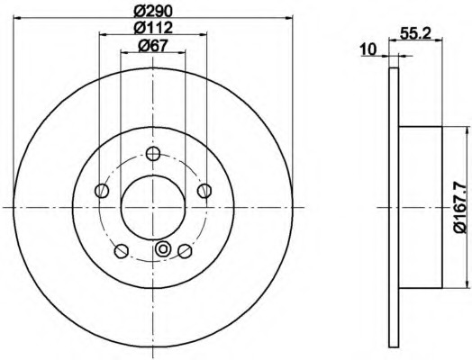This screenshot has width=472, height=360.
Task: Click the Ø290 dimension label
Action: [x=153, y=12]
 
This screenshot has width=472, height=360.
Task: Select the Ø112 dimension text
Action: [x=153, y=28]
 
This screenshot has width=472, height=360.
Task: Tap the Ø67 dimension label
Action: [x=152, y=46]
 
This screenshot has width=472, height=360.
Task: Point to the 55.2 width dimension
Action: [x=416, y=32]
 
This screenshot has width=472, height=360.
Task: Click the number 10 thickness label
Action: [x=368, y=49]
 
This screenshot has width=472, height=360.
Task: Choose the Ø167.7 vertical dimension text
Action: [x=461, y=207]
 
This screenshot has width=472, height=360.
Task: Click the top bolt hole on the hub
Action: [x=153, y=154]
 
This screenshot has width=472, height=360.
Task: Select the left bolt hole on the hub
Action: [x=102, y=191]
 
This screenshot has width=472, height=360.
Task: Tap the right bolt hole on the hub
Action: [x=204, y=191]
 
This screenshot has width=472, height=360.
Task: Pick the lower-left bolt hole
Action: [x=122, y=251]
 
